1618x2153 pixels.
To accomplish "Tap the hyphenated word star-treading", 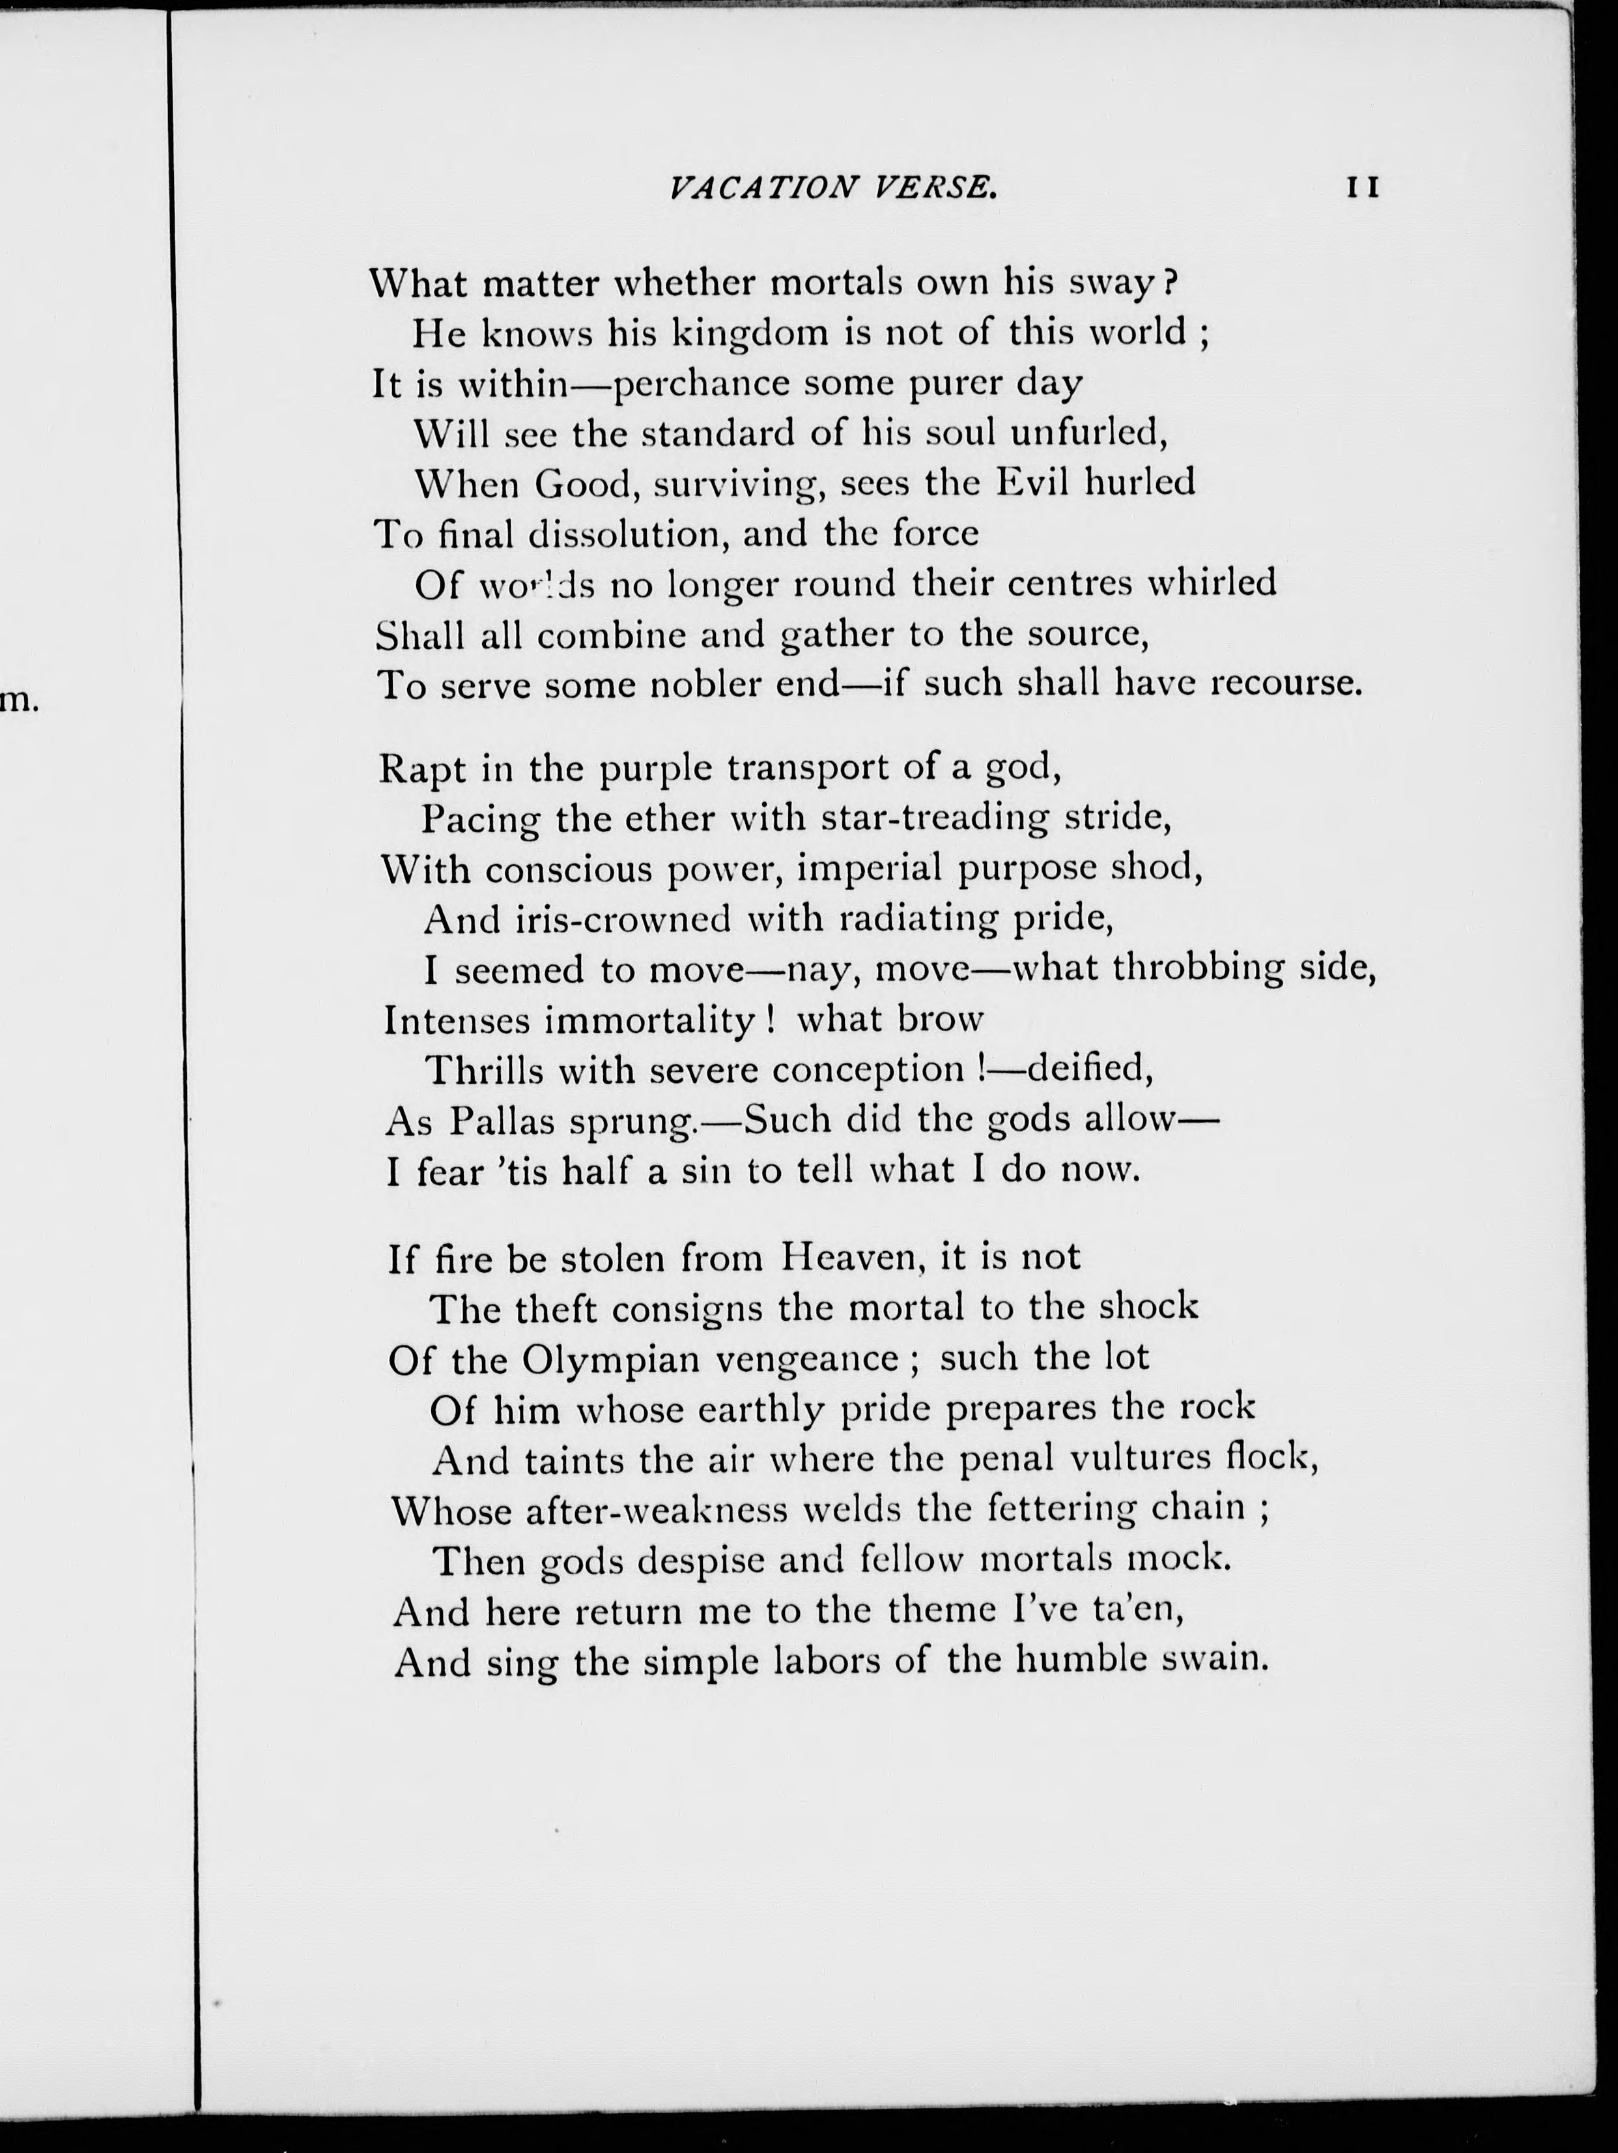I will point(935,820).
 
